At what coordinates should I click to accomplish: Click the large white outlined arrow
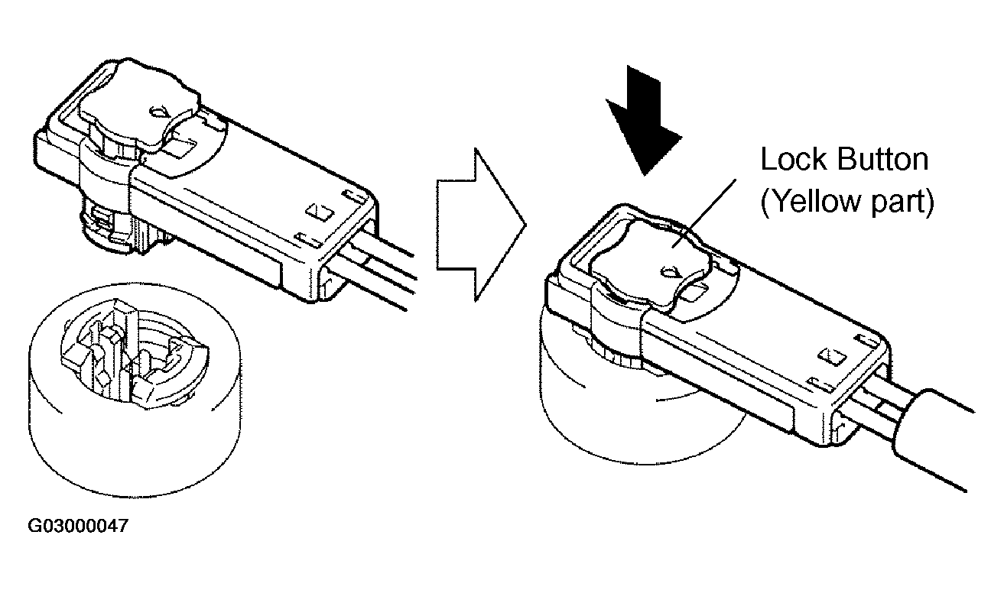pyautogui.click(x=480, y=225)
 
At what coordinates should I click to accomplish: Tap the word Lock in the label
pyautogui.click(x=794, y=159)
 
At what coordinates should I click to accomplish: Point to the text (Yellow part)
pyautogui.click(x=847, y=201)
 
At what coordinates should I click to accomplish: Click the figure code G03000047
pyautogui.click(x=78, y=526)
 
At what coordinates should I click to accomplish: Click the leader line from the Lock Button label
pyautogui.click(x=704, y=213)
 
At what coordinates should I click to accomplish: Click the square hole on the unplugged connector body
pyautogui.click(x=320, y=212)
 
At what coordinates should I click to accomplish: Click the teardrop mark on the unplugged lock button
pyautogui.click(x=159, y=111)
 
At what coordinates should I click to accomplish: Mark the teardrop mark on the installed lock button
pyautogui.click(x=670, y=271)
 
